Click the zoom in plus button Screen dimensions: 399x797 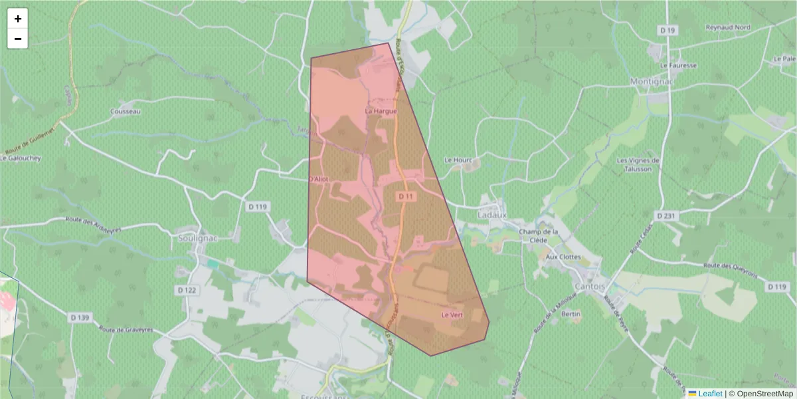18,19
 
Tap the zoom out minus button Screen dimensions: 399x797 18,39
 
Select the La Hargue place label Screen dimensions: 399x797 381,111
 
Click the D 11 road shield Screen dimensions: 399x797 406,197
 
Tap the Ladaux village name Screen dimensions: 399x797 492,215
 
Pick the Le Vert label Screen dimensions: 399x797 452,315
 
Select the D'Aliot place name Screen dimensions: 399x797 319,180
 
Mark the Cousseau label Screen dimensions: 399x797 126,111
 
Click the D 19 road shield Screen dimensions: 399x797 667,31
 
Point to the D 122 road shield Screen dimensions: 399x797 187,291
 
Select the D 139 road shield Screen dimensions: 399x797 79,318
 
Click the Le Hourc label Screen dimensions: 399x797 457,160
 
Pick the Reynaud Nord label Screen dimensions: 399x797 728,28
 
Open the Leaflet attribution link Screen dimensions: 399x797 710,394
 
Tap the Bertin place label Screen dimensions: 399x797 571,313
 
